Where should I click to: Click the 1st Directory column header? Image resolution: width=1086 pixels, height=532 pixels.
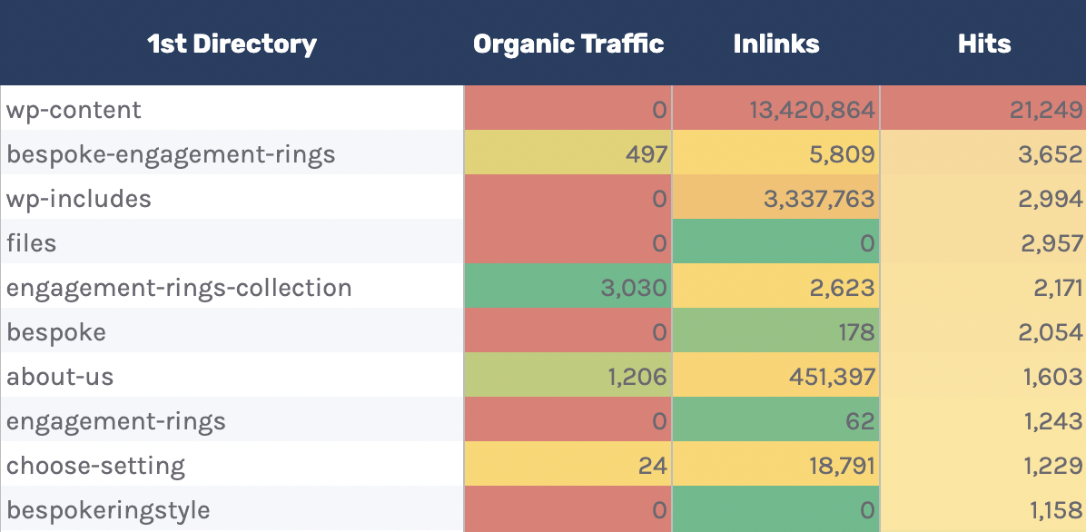(x=232, y=44)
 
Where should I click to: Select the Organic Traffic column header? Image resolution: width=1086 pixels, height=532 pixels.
(x=568, y=44)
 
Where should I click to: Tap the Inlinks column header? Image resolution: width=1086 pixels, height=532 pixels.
(x=776, y=44)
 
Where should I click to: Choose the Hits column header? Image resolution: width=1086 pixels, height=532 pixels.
(x=984, y=44)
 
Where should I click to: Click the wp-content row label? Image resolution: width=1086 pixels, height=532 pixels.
(x=74, y=111)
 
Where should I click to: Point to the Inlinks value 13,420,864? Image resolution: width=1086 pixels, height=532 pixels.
(x=812, y=111)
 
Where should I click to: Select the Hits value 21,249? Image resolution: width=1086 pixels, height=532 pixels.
(x=1046, y=111)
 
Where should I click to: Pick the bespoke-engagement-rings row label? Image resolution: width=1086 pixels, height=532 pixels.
(x=171, y=155)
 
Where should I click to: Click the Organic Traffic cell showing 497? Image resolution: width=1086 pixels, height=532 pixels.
(x=646, y=155)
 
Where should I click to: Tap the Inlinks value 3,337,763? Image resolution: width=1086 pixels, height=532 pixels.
(x=819, y=200)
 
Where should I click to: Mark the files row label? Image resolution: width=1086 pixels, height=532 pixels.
(x=32, y=244)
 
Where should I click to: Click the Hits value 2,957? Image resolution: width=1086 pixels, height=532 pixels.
(x=1051, y=244)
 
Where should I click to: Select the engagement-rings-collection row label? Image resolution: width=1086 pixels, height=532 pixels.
(x=179, y=289)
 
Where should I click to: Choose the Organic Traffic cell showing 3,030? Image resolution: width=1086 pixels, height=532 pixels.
(x=634, y=289)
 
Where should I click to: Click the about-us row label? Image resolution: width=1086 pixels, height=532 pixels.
(x=60, y=378)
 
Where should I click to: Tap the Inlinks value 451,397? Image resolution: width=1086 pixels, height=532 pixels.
(x=824, y=378)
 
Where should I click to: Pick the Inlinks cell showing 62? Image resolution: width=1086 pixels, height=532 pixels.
(x=861, y=422)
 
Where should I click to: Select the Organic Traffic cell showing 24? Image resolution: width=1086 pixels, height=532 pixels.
(x=653, y=467)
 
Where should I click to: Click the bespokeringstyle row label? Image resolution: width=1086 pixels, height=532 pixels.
(x=108, y=511)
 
